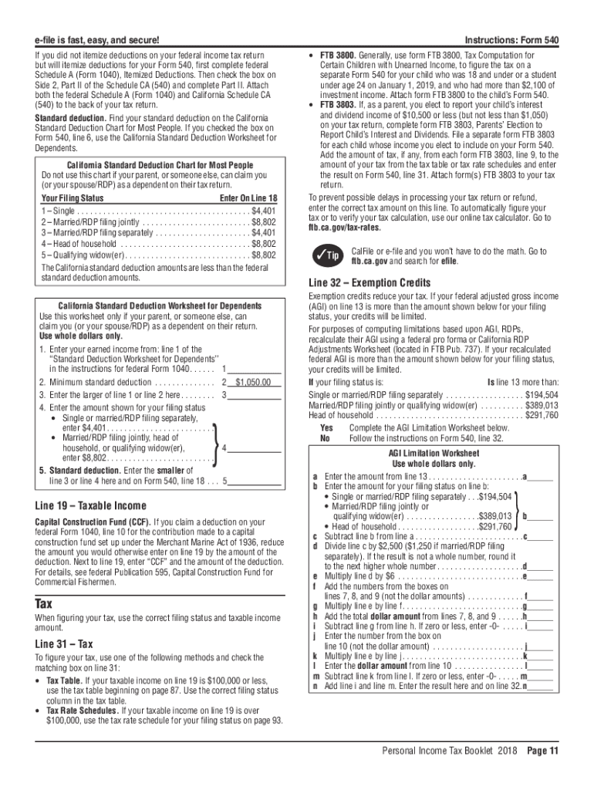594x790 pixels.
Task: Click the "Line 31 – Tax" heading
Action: pyautogui.click(x=64, y=644)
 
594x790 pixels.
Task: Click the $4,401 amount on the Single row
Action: pyautogui.click(x=264, y=211)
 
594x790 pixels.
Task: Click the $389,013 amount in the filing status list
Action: pyautogui.click(x=542, y=404)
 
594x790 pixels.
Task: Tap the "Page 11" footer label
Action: pyautogui.click(x=543, y=751)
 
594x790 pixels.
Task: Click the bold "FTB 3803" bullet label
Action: pyautogui.click(x=336, y=105)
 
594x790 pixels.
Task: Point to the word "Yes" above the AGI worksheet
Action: pyautogui.click(x=326, y=427)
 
